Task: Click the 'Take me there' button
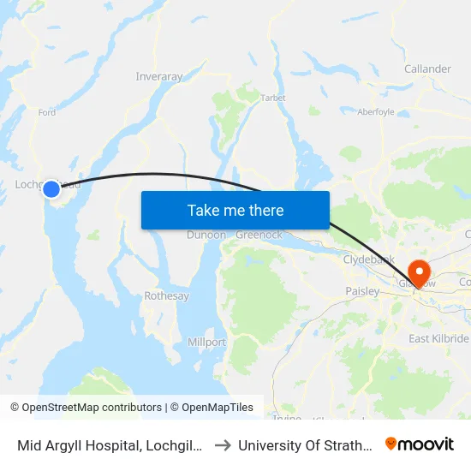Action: pos(235,210)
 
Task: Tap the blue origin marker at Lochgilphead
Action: pos(51,188)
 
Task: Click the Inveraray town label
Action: pos(159,77)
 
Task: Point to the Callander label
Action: pos(427,69)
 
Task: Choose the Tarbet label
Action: pos(273,98)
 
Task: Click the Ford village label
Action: pos(47,112)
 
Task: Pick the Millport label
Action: pos(206,343)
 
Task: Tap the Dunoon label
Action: pos(206,235)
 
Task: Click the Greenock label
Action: pos(258,235)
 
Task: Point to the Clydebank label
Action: pos(367,259)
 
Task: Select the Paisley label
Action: pos(362,291)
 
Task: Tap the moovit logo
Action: pos(420,444)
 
